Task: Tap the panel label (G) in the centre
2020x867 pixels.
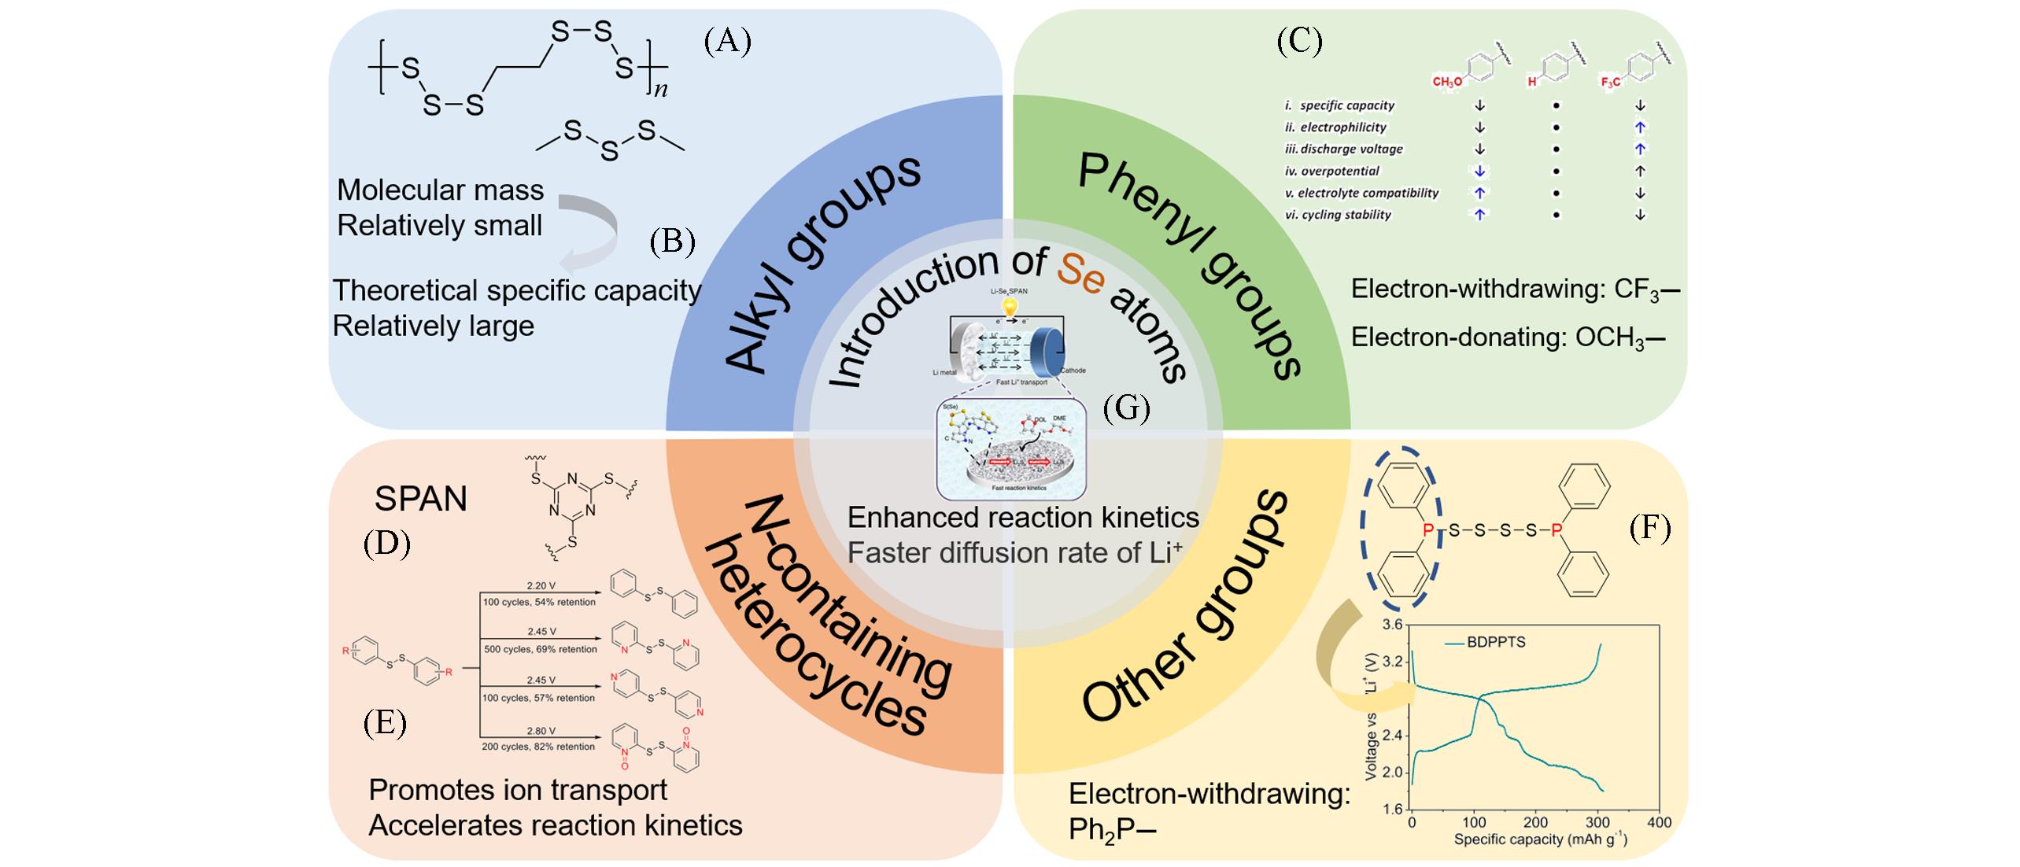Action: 1126,408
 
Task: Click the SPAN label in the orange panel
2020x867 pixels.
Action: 420,499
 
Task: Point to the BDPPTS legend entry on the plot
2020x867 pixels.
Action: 1495,642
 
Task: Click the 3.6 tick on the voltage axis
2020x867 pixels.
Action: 1392,625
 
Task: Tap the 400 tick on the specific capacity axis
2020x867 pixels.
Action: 1660,822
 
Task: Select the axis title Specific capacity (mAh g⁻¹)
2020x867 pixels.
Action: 1540,839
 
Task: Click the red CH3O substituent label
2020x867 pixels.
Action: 1446,82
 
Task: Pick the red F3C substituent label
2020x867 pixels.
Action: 1610,82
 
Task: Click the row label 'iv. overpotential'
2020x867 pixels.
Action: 1331,171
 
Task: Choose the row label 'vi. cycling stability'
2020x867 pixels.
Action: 1338,215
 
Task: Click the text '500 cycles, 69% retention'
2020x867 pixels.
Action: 540,649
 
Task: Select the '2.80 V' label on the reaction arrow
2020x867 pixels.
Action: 541,731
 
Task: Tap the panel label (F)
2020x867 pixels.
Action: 1649,528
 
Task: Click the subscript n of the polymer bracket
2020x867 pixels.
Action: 661,89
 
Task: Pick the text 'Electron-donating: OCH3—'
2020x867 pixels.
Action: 1508,338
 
